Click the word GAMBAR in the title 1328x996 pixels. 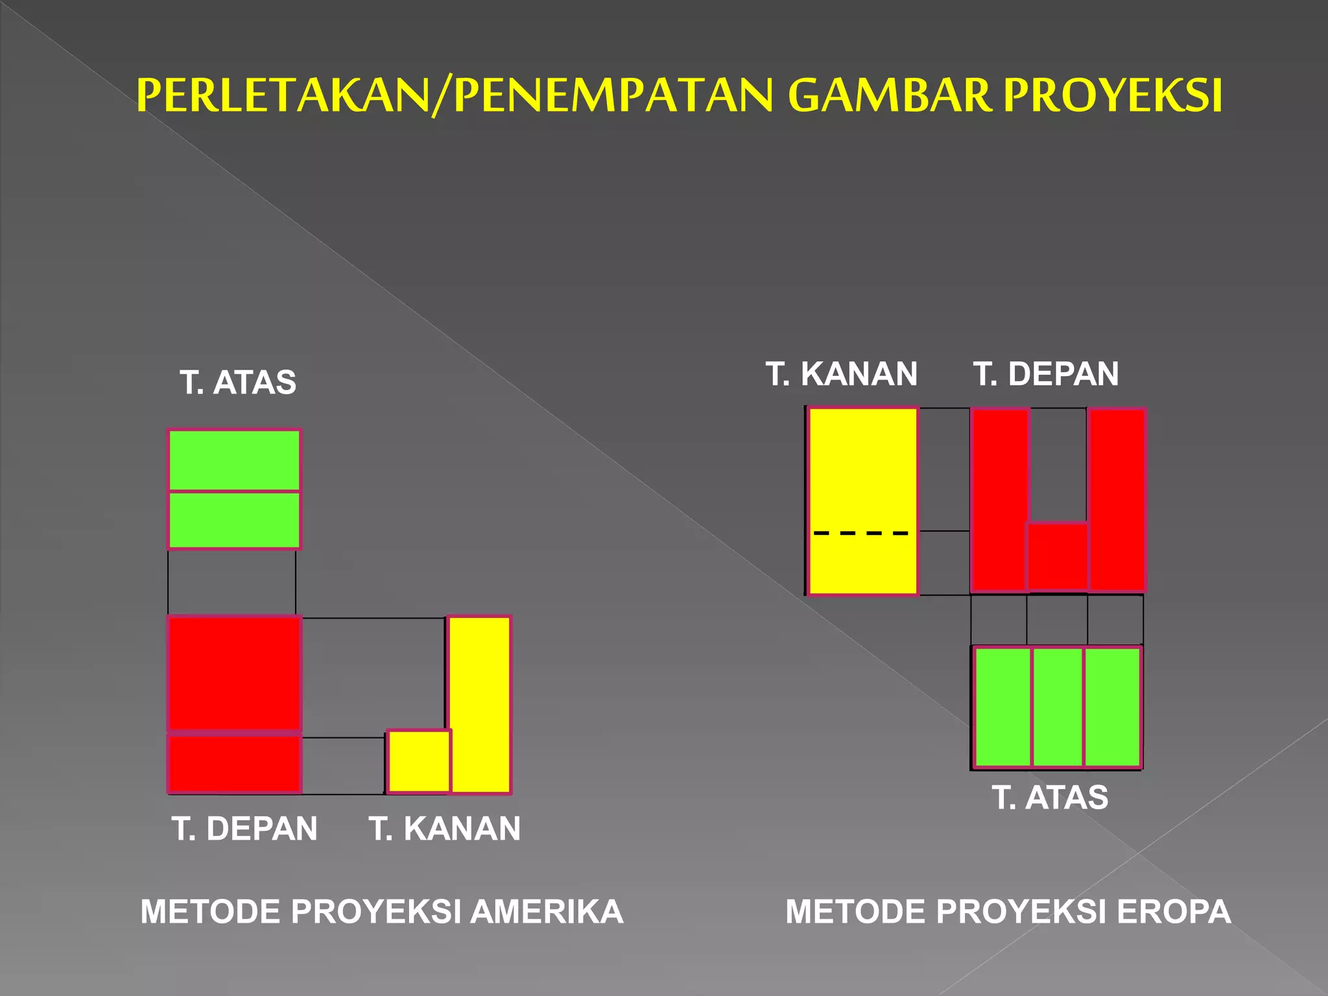tap(889, 95)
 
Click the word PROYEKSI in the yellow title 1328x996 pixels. tap(1112, 95)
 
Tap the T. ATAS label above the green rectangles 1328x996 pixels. tap(238, 382)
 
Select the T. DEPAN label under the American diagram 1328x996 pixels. tap(244, 828)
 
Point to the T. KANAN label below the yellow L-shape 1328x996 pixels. tap(445, 828)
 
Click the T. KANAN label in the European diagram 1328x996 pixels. tap(842, 373)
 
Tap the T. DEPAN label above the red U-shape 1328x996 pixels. tap(1046, 373)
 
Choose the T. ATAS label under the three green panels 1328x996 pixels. tap(1050, 797)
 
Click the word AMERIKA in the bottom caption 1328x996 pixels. tap(547, 911)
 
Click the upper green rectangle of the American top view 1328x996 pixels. tap(234, 460)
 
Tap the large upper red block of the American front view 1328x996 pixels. tap(234, 673)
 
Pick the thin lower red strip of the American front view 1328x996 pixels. tap(234, 763)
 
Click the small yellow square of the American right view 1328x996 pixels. tap(418, 761)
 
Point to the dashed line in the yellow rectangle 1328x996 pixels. tap(861, 533)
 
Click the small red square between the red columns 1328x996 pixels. tap(1058, 556)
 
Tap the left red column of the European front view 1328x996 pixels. tap(999, 499)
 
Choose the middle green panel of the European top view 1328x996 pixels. tap(1058, 706)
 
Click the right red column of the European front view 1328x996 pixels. tap(1117, 499)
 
